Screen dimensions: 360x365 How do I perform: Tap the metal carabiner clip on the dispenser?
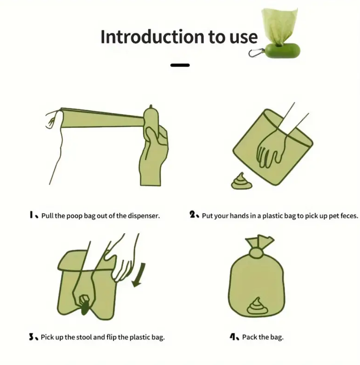[x=256, y=53]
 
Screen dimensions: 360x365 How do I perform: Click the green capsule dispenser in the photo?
[x=282, y=51]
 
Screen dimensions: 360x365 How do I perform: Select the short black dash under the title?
[x=180, y=65]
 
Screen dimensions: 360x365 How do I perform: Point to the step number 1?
[x=31, y=215]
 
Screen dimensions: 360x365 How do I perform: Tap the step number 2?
[x=192, y=214]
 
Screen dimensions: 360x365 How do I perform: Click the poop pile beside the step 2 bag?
[x=242, y=181]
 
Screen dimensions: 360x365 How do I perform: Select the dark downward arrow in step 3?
[x=139, y=275]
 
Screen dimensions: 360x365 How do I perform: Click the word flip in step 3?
[x=111, y=337]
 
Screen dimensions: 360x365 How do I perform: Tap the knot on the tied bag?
[x=256, y=253]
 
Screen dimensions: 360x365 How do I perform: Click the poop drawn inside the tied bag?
[x=257, y=306]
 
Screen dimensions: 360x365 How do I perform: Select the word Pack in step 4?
[x=249, y=337]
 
